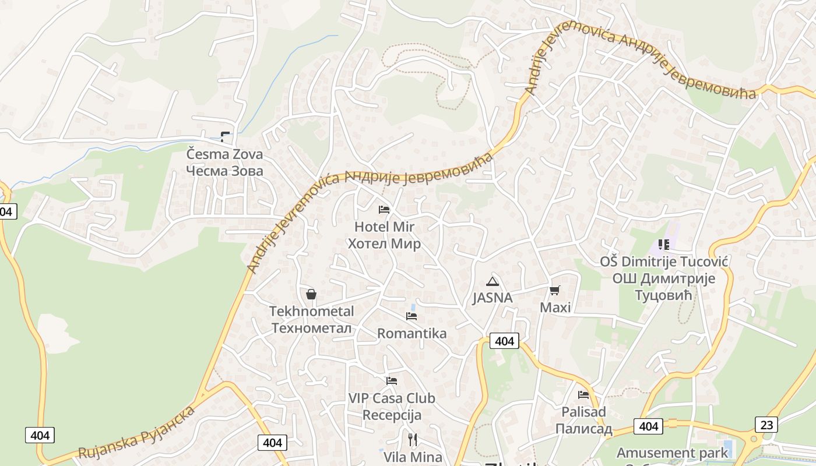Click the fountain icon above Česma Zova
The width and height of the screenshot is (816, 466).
click(225, 137)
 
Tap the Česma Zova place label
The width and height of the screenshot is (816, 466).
click(224, 163)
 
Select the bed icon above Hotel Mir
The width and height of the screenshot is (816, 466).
click(384, 210)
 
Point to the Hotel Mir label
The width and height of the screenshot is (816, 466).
click(384, 235)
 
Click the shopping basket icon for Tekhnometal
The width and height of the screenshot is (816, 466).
click(311, 294)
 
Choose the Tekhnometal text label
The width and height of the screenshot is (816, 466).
click(311, 319)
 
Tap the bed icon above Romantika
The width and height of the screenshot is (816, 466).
click(411, 316)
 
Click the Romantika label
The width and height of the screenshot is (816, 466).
click(411, 333)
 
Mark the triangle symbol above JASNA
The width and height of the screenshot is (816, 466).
click(493, 282)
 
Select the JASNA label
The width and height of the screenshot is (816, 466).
click(493, 298)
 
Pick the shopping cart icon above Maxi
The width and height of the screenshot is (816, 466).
click(554, 290)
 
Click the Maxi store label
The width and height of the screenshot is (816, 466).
click(555, 307)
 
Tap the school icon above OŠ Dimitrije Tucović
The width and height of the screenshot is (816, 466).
click(663, 245)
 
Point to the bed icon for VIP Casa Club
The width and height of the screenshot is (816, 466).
click(392, 381)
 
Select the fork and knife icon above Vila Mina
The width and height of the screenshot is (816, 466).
click(413, 439)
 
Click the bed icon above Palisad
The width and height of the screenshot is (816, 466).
click(583, 395)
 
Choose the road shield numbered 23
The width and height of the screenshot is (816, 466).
click(766, 425)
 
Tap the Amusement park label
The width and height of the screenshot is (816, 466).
click(672, 453)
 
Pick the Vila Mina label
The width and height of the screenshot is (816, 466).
click(413, 457)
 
